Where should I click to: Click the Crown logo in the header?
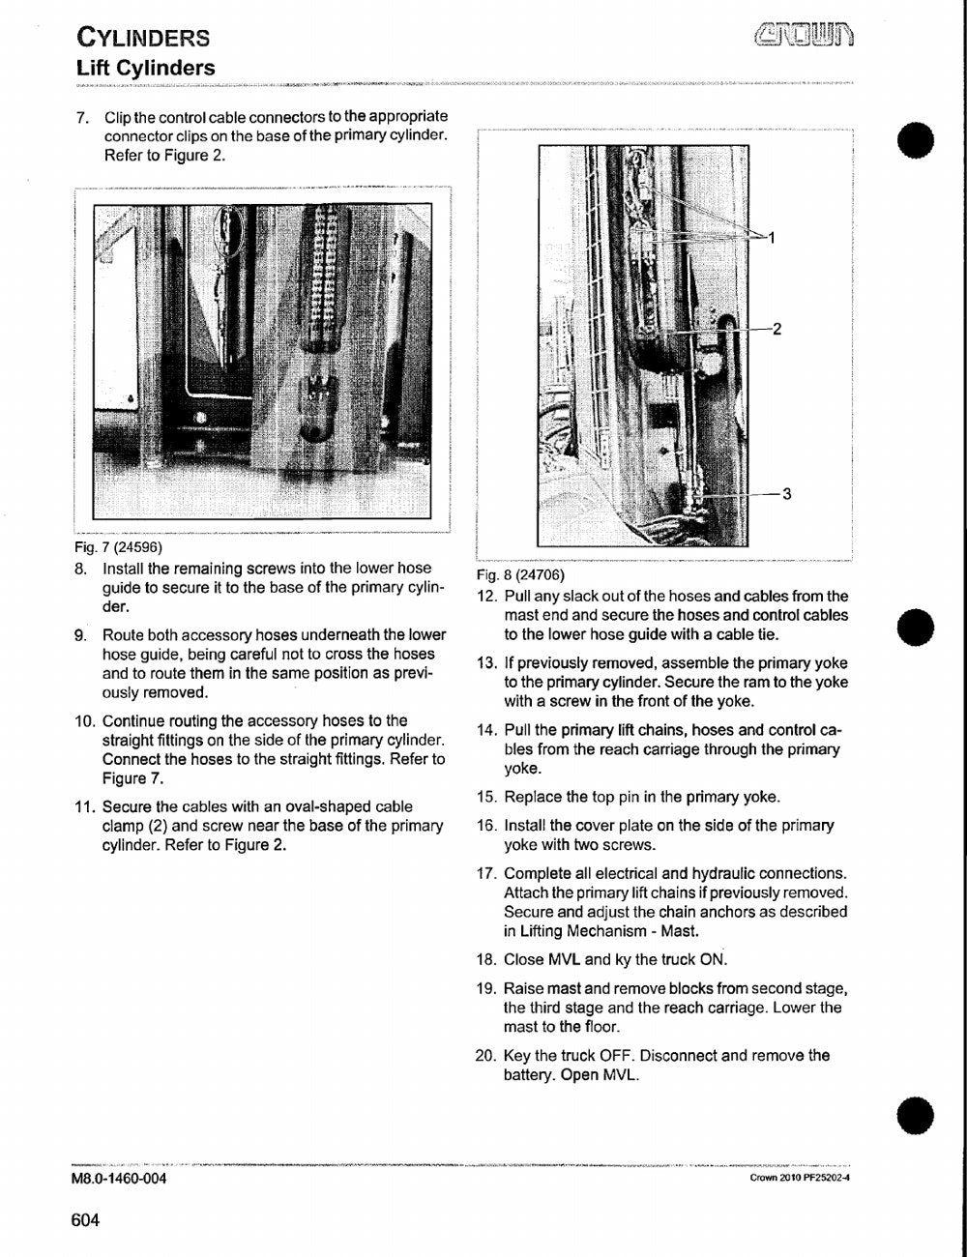tap(805, 35)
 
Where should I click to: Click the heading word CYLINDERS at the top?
tap(143, 38)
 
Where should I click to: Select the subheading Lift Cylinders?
tap(146, 69)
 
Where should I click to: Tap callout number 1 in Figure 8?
tap(771, 237)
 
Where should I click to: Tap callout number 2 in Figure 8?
tap(777, 329)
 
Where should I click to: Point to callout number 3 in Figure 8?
tap(786, 493)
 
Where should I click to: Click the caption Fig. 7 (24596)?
tap(119, 546)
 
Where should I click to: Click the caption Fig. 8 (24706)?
tap(520, 575)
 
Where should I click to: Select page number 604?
tap(86, 1220)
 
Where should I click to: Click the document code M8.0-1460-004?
tap(119, 1178)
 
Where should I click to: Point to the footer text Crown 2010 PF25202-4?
tap(800, 1178)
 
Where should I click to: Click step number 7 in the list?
tap(81, 117)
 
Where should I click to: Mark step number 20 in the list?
tap(485, 1056)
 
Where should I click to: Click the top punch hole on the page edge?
tap(916, 139)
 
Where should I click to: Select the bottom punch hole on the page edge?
tap(916, 1115)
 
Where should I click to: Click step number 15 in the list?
tap(485, 797)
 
